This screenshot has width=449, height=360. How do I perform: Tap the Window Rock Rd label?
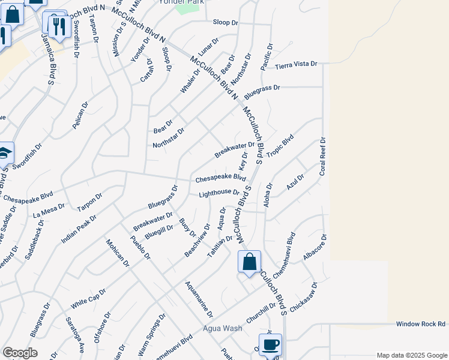421,324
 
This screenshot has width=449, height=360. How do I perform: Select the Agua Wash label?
222,328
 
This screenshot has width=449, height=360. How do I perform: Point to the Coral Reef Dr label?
322,156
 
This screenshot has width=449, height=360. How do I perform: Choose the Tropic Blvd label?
280,146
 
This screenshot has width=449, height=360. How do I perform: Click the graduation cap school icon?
4,153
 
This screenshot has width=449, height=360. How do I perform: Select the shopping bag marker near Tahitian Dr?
249,262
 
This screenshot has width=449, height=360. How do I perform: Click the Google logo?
20,353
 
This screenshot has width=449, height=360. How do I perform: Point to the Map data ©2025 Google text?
411,355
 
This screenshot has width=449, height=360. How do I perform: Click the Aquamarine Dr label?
199,299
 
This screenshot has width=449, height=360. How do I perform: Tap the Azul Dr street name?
295,182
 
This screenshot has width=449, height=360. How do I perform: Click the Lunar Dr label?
207,48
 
